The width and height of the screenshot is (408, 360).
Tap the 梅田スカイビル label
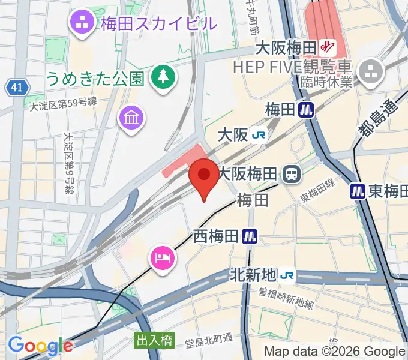pos(158,24)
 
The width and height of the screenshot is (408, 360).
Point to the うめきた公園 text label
pos(95,79)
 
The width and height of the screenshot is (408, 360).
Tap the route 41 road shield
pos(17,88)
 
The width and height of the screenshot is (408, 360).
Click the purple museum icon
pos(131,117)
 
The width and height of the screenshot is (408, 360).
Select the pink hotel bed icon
pos(162,258)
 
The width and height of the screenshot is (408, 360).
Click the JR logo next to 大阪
pos(260,136)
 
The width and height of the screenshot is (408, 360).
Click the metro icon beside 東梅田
pos(358,191)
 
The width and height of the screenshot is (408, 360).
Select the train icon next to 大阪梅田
pos(293,175)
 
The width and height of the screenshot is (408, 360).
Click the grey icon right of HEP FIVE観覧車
pos(370,72)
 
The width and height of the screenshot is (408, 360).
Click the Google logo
pos(40,346)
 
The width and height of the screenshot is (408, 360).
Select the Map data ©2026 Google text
pos(335,352)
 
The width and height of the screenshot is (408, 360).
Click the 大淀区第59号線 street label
pos(63,104)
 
